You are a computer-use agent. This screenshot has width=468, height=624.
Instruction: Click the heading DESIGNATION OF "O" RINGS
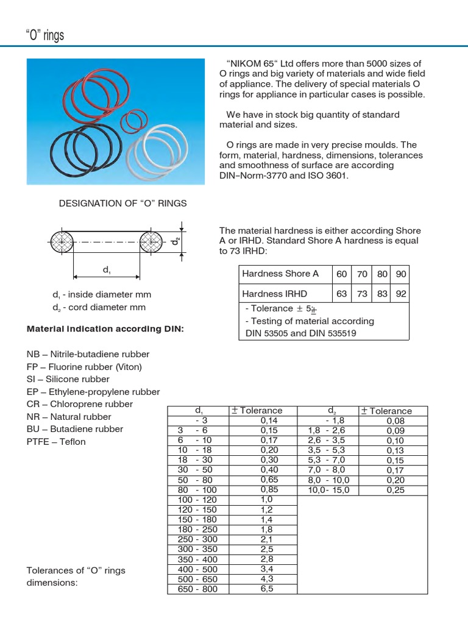point(122,203)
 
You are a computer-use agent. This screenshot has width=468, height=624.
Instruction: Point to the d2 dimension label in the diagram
point(175,242)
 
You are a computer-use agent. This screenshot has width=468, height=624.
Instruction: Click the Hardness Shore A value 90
point(400,274)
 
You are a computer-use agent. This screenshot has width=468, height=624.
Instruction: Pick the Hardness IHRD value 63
point(341,294)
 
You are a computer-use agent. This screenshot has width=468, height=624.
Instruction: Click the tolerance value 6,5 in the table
point(267,589)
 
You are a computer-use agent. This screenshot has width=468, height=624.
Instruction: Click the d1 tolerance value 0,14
point(268,420)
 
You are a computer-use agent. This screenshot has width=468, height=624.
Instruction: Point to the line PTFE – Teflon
point(56,442)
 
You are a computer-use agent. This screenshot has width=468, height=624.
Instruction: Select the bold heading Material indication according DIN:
point(105,329)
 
